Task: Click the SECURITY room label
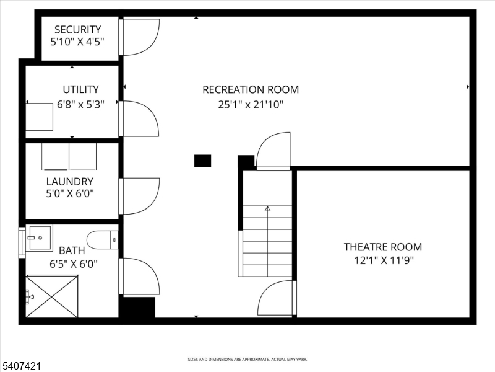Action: click(77, 29)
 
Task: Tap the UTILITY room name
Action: click(80, 89)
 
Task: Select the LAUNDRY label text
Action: click(70, 181)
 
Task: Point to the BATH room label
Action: click(72, 250)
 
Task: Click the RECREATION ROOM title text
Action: click(251, 89)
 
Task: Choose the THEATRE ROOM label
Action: click(383, 247)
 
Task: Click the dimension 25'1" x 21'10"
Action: click(251, 105)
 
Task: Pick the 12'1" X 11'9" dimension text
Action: click(383, 260)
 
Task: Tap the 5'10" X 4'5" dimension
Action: click(77, 42)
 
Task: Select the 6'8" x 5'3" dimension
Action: click(80, 104)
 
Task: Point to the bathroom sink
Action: click(39, 237)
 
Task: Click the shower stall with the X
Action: click(52, 297)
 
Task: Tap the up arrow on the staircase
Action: click(267, 210)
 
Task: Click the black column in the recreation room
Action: click(202, 161)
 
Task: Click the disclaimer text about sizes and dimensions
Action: click(247, 359)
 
